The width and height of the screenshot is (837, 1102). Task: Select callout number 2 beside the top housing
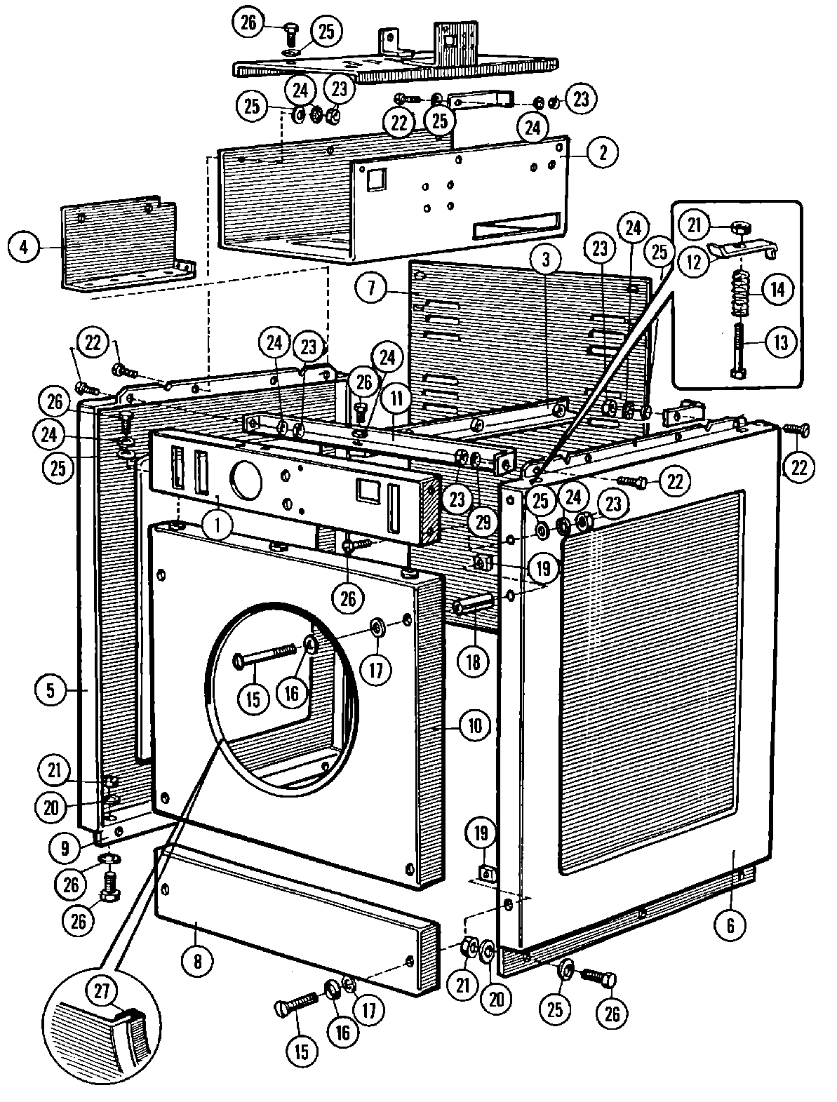[601, 152]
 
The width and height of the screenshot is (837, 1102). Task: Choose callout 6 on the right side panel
[730, 925]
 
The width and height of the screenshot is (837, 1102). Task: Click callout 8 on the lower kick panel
[197, 960]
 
